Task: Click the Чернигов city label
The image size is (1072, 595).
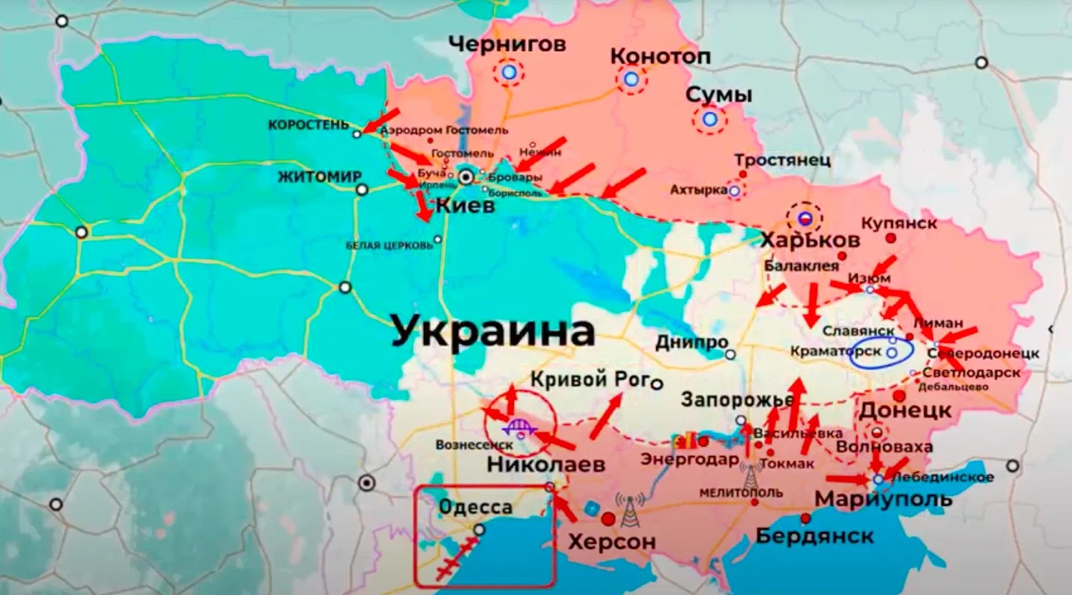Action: pos(507,45)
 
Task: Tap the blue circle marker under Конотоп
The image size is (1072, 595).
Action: pos(632,79)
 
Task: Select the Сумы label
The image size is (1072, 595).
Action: pos(719,95)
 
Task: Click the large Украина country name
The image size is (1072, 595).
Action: pos(493,331)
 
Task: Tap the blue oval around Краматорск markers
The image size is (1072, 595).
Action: pos(881,352)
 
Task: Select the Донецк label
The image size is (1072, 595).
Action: pos(905,411)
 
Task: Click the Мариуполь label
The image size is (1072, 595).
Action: pos(883,499)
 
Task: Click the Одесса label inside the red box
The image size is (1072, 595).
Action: pos(475,507)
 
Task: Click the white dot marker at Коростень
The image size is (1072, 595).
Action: pos(357,134)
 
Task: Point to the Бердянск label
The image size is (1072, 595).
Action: pos(814,537)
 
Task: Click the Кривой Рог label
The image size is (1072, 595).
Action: pos(588,379)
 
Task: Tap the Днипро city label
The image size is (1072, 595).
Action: pos(691,342)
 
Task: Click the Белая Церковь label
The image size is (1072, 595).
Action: pos(388,244)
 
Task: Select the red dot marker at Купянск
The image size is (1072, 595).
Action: pos(891,238)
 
